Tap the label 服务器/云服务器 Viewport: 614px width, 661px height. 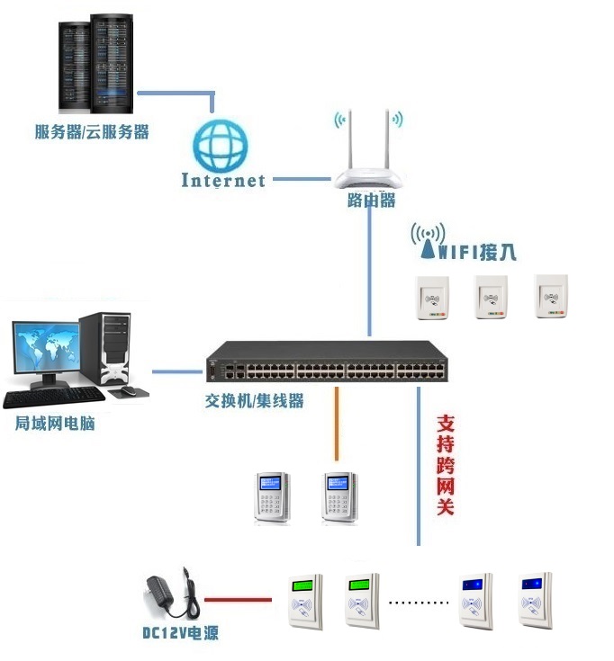click(92, 132)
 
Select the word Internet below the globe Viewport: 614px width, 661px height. click(223, 180)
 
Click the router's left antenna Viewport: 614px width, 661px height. click(352, 139)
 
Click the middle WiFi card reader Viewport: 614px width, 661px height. click(491, 297)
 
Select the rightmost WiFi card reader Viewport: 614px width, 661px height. click(551, 297)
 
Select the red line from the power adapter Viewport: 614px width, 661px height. click(238, 598)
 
